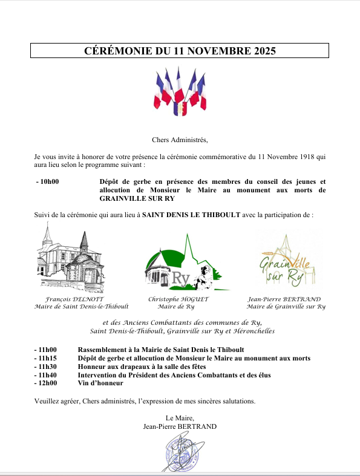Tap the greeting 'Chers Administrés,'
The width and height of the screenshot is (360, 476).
(180, 140)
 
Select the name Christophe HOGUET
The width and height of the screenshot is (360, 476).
(178, 299)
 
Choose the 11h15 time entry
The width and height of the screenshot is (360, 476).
(46, 358)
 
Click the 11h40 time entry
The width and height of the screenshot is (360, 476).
(46, 375)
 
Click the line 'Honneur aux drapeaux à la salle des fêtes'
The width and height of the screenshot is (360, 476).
(142, 367)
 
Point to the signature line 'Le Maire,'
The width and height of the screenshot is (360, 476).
(180, 418)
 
